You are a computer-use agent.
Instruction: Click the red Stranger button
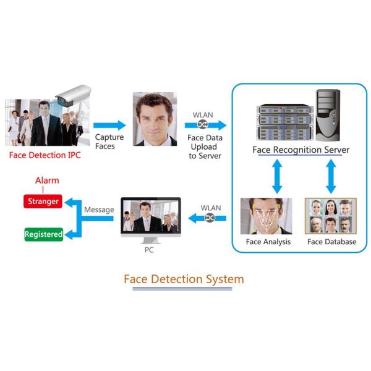(x=43, y=202)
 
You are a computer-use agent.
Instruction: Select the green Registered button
(x=43, y=234)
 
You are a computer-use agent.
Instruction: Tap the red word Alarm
(x=47, y=180)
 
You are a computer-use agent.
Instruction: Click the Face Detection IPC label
(x=45, y=155)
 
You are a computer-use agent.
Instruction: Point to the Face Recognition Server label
(x=301, y=150)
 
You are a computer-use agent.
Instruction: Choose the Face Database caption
(x=331, y=242)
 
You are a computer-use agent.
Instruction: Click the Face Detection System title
(x=184, y=279)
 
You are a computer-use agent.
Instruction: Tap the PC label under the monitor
(x=149, y=250)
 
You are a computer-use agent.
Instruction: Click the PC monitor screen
(x=151, y=216)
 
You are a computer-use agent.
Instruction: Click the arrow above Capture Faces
(x=109, y=126)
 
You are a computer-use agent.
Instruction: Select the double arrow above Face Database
(x=333, y=176)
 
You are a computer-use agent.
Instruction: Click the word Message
(x=99, y=210)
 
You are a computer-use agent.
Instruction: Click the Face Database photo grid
(x=331, y=216)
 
